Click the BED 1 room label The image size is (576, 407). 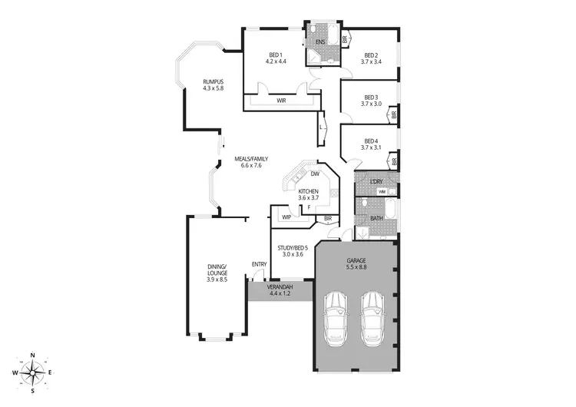(x=276, y=55)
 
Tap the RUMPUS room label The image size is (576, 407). (x=213, y=81)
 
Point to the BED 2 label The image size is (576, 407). (x=372, y=55)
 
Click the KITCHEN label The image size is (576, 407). (x=308, y=190)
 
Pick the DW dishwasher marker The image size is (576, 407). (x=315, y=174)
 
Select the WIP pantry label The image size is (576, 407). (x=286, y=217)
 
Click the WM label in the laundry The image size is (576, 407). (x=382, y=191)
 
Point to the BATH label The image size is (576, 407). (x=376, y=218)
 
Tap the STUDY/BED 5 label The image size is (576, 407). (x=293, y=247)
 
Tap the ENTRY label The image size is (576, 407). (x=259, y=265)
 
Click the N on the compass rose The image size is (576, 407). (x=32, y=354)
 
